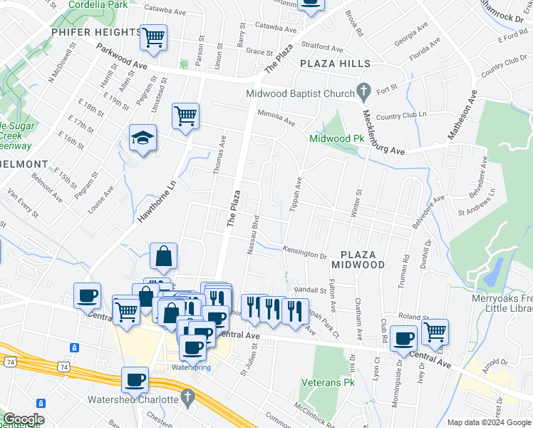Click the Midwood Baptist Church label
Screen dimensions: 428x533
pos(300,93)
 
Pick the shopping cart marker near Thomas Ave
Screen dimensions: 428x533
pos(185,115)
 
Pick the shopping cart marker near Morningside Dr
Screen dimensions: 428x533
pos(435,332)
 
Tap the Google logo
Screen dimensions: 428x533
pos(24,419)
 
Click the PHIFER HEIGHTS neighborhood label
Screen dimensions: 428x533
pos(97,32)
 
